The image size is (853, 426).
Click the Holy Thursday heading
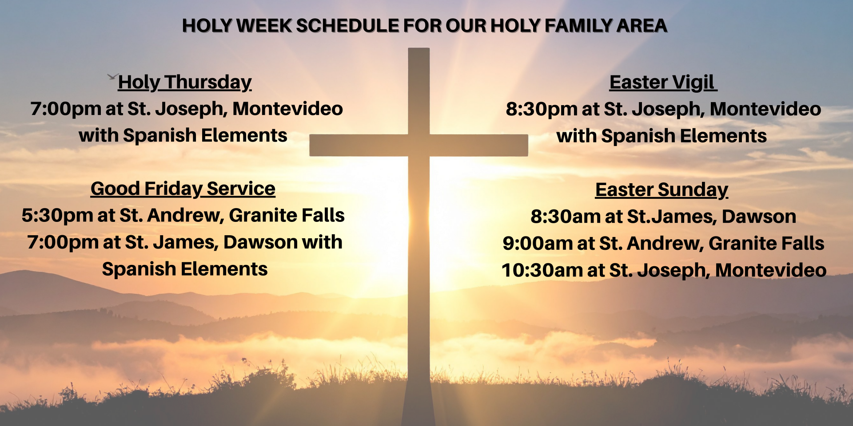(x=185, y=83)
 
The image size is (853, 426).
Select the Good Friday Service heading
(x=183, y=189)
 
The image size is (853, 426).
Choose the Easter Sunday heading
(x=662, y=190)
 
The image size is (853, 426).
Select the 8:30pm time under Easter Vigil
(x=541, y=110)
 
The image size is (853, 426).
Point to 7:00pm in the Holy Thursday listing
(x=66, y=109)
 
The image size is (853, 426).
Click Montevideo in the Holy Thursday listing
(x=288, y=109)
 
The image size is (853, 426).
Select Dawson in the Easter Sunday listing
(x=759, y=217)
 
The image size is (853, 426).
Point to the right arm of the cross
(x=479, y=146)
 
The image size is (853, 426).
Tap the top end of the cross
(x=419, y=48)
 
